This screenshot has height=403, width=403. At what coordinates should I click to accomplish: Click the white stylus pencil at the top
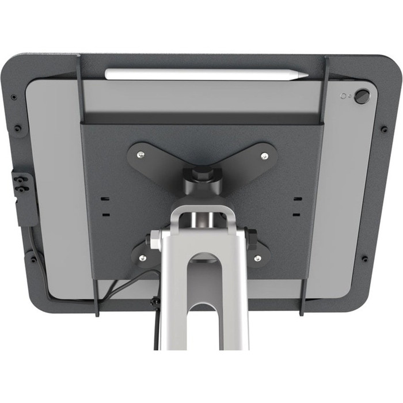pyautogui.click(x=204, y=74)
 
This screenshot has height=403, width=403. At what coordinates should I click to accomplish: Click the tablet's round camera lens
pyautogui.click(x=361, y=96)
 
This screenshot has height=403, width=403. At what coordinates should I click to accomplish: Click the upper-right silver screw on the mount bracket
pyautogui.click(x=264, y=155)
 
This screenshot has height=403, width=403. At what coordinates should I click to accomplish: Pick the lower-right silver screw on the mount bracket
pyautogui.click(x=257, y=257)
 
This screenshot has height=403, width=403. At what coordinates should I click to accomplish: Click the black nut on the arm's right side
pyautogui.click(x=251, y=239)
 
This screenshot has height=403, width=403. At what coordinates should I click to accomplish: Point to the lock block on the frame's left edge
pyautogui.click(x=23, y=196)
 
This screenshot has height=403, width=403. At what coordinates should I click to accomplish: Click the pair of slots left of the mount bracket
pyautogui.click(x=105, y=206)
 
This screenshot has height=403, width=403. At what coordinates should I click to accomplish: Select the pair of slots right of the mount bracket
pyautogui.click(x=296, y=206)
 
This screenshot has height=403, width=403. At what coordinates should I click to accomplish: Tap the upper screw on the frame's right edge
pyautogui.click(x=384, y=129)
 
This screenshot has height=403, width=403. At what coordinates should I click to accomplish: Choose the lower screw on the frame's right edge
pyautogui.click(x=364, y=258)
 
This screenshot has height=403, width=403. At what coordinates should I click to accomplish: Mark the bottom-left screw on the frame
pyautogui.click(x=33, y=259)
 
